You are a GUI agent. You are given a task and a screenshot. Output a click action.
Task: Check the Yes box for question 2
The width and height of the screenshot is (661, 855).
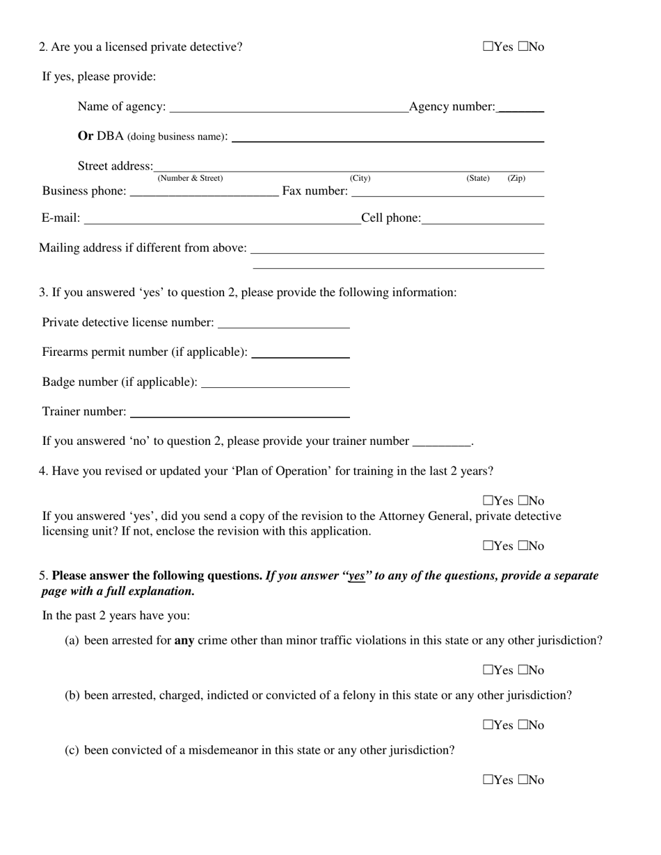tap(488, 47)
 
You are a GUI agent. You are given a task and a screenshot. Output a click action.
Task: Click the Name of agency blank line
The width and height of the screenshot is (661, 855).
tap(289, 108)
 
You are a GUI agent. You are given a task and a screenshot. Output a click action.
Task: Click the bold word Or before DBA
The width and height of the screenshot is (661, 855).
tap(86, 136)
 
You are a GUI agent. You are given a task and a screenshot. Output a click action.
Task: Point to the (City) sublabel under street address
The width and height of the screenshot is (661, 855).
tap(360, 179)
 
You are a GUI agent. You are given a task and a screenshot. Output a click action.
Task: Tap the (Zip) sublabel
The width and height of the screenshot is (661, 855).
tap(516, 179)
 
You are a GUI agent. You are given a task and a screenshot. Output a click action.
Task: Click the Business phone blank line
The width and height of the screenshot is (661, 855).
tap(204, 193)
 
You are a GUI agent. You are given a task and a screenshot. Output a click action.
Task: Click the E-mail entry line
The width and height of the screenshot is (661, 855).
tap(221, 220)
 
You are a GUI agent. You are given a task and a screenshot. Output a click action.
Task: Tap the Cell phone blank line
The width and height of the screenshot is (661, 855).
tap(482, 220)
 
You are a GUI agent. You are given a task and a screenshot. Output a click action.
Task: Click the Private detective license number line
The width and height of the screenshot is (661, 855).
tap(283, 324)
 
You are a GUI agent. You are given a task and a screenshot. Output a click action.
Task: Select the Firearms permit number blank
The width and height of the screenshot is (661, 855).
tap(300, 354)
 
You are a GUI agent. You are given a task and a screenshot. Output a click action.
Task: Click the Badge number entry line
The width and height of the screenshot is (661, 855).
tap(274, 384)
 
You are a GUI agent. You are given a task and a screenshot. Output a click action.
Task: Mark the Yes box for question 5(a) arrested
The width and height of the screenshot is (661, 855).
tap(488, 671)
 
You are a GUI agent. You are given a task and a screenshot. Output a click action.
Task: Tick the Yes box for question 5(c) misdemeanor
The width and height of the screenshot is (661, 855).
tap(488, 781)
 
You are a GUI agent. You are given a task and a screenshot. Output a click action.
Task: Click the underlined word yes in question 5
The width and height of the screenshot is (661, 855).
tap(356, 576)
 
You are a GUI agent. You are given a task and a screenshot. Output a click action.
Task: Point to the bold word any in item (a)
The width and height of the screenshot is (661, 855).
tap(184, 641)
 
